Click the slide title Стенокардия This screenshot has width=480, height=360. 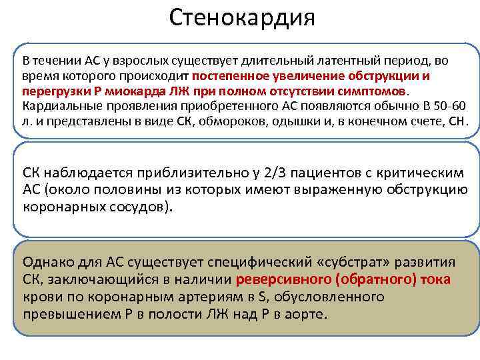click(241, 18)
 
